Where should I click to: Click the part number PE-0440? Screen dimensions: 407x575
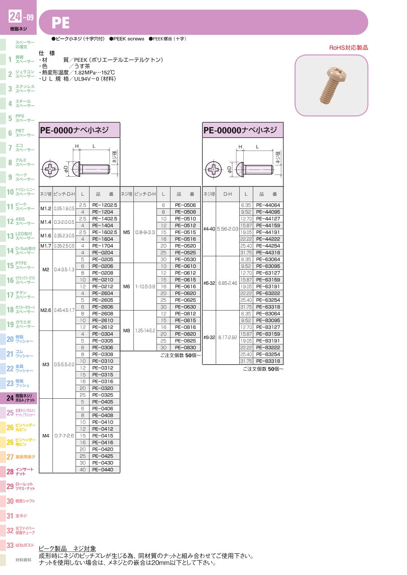click(103, 470)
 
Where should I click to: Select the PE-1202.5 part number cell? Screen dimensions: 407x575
click(104, 205)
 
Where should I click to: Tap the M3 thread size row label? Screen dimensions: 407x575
click(46, 364)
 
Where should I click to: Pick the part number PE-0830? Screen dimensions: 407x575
click(185, 348)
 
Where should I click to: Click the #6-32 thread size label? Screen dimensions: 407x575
click(209, 283)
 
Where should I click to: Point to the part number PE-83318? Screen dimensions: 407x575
click(268, 361)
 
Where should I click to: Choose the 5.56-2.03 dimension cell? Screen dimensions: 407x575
click(227, 229)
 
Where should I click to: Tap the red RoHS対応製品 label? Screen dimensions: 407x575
click(349, 48)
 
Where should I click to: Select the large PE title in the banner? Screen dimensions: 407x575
click(61, 23)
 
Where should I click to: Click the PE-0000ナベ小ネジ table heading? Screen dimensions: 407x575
click(75, 130)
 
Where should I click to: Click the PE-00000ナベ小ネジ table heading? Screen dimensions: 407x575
click(240, 130)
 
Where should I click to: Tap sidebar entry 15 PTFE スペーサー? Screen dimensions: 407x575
click(20, 265)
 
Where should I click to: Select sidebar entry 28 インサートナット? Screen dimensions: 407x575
click(20, 471)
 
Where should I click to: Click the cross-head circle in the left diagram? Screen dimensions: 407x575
click(50, 169)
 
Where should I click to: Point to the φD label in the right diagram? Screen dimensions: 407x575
click(229, 170)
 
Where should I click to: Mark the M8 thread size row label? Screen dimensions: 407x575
click(126, 330)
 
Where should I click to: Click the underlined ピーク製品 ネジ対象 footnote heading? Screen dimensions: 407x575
click(67, 549)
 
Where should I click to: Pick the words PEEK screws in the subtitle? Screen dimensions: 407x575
click(128, 39)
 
